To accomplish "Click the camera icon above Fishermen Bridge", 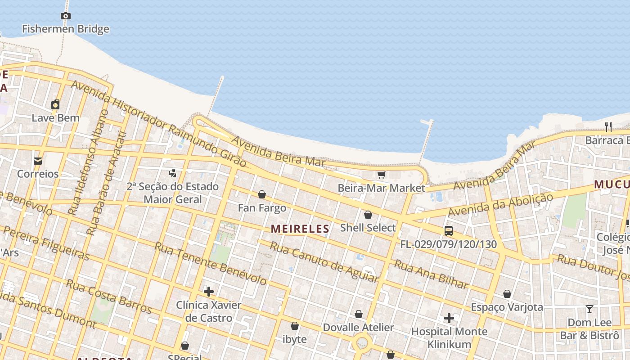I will tap(66, 16).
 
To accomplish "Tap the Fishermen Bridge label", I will tap(66, 29).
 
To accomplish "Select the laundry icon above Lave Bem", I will tap(55, 104).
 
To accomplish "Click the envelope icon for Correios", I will tap(38, 161).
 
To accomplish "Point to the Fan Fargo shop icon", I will tap(262, 194).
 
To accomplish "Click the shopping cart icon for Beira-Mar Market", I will tap(381, 175).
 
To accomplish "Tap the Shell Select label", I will tap(368, 228).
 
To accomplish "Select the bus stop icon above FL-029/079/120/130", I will tap(449, 231).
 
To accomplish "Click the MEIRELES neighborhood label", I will tap(300, 229).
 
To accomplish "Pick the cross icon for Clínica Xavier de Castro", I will tap(209, 292).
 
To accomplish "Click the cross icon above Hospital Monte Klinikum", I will tap(449, 318).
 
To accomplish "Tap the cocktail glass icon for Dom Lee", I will tap(589, 309).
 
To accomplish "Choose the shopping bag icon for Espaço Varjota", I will tap(507, 294).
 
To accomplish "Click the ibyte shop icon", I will tap(295, 325).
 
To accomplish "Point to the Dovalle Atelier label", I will tap(358, 327).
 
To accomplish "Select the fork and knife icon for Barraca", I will tap(608, 126).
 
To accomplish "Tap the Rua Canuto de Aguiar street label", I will tap(324, 262).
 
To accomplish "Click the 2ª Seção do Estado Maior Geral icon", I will tap(172, 173).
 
